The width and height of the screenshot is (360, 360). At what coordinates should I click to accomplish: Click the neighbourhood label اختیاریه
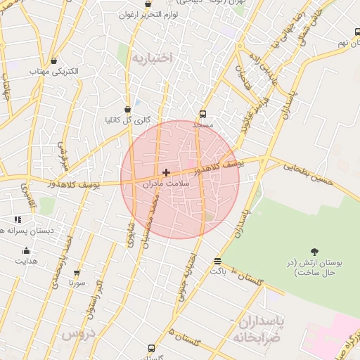pyautogui.click(x=150, y=58)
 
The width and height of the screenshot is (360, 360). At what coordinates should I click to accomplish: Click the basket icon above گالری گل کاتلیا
pyautogui.click(x=127, y=109)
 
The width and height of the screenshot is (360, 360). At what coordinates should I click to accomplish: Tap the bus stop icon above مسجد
pyautogui.click(x=202, y=113)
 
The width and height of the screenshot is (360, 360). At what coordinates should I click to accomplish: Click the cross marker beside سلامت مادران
pyautogui.click(x=166, y=172)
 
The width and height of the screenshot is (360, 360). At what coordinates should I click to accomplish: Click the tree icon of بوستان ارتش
pyautogui.click(x=314, y=252)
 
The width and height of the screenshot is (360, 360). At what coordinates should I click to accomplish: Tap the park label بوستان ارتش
pyautogui.click(x=314, y=267)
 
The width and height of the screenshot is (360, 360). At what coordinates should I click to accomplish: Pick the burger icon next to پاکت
pyautogui.click(x=217, y=261)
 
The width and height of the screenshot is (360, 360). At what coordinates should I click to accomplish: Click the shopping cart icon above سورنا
pyautogui.click(x=77, y=272)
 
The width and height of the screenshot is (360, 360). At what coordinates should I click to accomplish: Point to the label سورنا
pyautogui.click(x=77, y=283)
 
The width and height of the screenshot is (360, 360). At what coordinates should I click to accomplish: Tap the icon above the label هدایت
pyautogui.click(x=27, y=251)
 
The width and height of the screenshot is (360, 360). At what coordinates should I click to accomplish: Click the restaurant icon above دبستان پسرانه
pyautogui.click(x=18, y=220)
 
